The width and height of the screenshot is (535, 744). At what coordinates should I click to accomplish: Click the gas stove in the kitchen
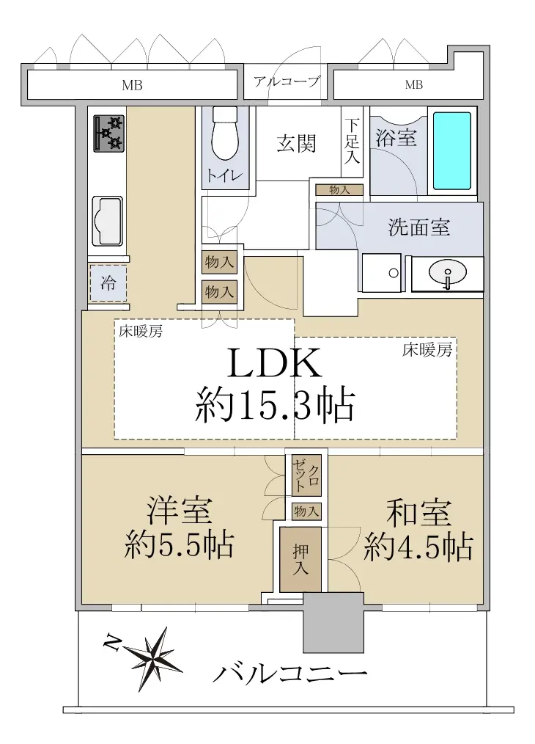tap(109, 134)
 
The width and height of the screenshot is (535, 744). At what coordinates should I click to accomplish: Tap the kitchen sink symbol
tap(107, 221)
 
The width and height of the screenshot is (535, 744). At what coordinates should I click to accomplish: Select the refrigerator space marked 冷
tap(108, 283)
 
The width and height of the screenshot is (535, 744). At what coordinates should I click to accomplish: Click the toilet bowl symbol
tap(224, 134)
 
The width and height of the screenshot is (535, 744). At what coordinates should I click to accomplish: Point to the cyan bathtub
tap(452, 150)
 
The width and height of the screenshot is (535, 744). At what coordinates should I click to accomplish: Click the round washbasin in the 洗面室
tap(447, 273)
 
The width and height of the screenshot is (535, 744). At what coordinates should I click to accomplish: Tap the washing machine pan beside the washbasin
tap(382, 273)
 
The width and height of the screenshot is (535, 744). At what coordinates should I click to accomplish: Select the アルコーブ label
tap(287, 82)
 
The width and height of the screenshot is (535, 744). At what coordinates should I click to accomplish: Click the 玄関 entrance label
tap(297, 143)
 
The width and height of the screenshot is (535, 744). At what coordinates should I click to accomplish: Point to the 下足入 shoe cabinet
tap(352, 141)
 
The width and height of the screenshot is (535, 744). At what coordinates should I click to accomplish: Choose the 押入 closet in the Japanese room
tap(300, 560)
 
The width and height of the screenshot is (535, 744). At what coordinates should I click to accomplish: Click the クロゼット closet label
tap(306, 475)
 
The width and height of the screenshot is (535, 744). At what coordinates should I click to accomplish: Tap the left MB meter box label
tap(132, 85)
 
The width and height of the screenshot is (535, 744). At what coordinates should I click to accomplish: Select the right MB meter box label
tap(413, 85)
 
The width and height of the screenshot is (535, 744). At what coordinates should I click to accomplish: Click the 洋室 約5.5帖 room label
tap(179, 528)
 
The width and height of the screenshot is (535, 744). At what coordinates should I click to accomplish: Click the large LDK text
tap(275, 363)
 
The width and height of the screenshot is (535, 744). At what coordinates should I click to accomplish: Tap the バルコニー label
tap(290, 672)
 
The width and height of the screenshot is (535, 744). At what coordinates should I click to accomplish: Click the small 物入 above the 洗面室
tap(339, 190)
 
